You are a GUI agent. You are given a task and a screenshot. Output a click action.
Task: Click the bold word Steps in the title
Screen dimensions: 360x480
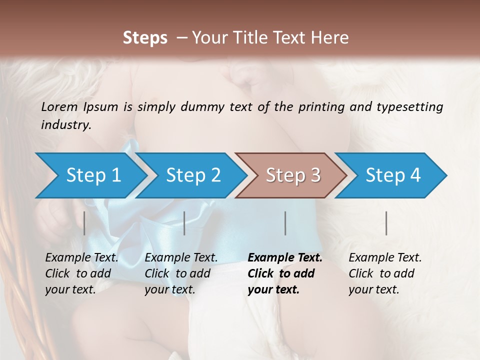click(x=145, y=38)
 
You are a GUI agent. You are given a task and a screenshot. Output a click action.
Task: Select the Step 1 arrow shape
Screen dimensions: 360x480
click(x=90, y=175)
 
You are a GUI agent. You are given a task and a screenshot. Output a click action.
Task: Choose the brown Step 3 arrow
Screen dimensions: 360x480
click(x=292, y=175)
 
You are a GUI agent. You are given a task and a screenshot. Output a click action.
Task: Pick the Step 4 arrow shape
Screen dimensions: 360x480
click(x=392, y=175)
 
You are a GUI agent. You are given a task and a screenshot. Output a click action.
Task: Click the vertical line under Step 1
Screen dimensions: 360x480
click(x=84, y=223)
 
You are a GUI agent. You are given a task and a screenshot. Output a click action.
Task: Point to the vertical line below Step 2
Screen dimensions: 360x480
click(x=184, y=223)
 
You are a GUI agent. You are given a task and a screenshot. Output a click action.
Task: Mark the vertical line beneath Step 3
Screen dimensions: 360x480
click(x=285, y=223)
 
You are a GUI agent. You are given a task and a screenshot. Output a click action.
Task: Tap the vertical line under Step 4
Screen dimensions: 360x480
click(x=386, y=223)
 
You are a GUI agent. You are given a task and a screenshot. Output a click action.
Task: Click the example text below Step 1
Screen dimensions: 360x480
click(x=81, y=273)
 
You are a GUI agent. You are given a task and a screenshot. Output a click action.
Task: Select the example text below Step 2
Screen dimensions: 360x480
click(x=181, y=273)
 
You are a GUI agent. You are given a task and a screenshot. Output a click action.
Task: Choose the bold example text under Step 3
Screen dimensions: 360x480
click(x=285, y=273)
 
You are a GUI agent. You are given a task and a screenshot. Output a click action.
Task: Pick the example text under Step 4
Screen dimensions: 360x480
click(x=385, y=273)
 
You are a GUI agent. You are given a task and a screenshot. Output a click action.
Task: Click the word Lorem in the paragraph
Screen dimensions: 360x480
click(x=59, y=107)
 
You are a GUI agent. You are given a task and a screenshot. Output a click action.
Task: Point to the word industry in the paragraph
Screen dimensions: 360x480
click(x=66, y=125)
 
